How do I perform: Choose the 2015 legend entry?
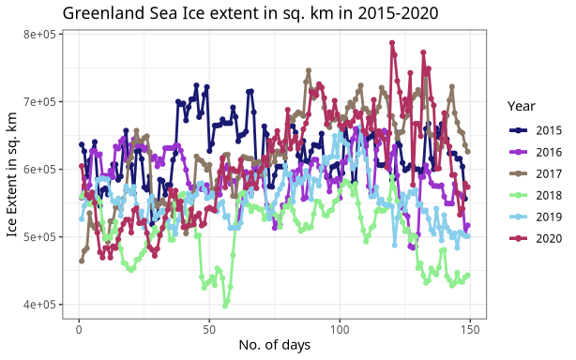pyautogui.click(x=535, y=130)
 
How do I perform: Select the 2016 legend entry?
pyautogui.click(x=535, y=152)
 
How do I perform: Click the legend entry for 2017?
pyautogui.click(x=535, y=173)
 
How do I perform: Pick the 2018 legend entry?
pyautogui.click(x=535, y=195)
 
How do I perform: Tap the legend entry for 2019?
pyautogui.click(x=535, y=217)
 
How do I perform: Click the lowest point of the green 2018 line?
pyautogui.click(x=225, y=306)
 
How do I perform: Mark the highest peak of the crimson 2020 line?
pyautogui.click(x=392, y=43)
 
